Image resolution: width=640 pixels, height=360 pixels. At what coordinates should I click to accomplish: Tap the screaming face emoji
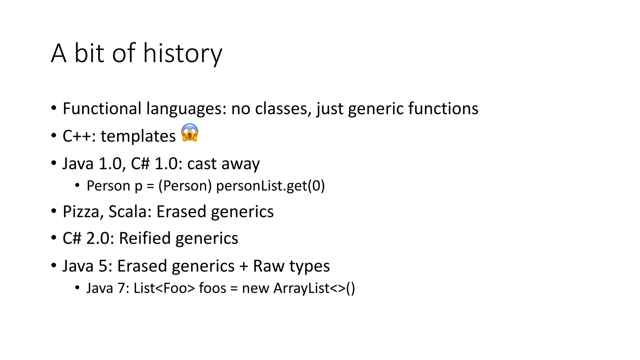point(190,132)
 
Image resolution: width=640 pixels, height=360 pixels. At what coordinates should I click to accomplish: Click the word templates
point(138,136)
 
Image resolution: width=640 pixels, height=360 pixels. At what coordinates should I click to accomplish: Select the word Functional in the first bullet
point(102,109)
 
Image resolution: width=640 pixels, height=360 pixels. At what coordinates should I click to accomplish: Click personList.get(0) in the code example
point(270,186)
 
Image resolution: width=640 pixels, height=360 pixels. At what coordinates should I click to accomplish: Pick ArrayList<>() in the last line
point(314,288)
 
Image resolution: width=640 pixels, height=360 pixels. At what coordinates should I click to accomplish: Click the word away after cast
point(240,164)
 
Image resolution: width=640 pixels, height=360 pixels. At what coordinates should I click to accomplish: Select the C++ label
point(79,136)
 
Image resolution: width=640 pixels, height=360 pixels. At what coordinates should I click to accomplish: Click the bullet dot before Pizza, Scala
point(54,211)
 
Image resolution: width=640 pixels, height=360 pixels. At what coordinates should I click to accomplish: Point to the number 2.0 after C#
point(100,238)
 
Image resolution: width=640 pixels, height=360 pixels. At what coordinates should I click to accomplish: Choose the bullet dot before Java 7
point(77,287)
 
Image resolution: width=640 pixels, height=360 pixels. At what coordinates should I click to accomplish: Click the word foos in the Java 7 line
point(212,288)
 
